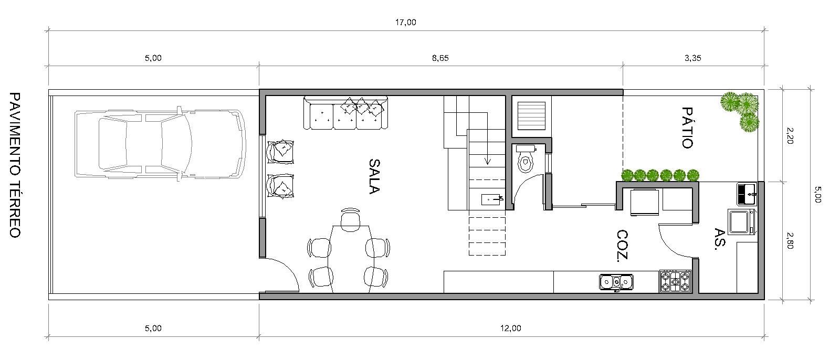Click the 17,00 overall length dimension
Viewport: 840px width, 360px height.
click(x=406, y=23)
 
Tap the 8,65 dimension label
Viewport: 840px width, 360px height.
click(x=440, y=58)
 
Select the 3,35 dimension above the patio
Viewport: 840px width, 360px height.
click(x=692, y=58)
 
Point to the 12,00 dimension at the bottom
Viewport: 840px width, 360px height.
click(x=510, y=329)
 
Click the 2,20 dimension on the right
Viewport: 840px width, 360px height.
click(x=790, y=136)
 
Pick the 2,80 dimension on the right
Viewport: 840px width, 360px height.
click(x=790, y=240)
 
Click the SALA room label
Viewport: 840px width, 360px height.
click(x=374, y=176)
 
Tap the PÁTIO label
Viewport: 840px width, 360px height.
click(x=687, y=128)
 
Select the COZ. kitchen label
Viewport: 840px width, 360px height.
click(x=623, y=246)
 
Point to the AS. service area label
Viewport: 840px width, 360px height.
click(x=720, y=239)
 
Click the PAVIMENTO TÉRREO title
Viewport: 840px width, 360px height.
click(x=15, y=165)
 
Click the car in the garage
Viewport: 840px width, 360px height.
click(x=161, y=144)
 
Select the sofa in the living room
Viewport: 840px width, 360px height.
click(x=345, y=113)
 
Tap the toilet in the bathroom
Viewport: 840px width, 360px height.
click(x=526, y=159)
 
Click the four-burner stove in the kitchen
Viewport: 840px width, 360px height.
click(x=675, y=282)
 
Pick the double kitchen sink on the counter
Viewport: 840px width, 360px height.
click(x=616, y=282)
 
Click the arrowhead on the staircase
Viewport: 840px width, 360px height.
click(x=488, y=162)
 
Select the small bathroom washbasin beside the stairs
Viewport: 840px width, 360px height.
click(x=492, y=199)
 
